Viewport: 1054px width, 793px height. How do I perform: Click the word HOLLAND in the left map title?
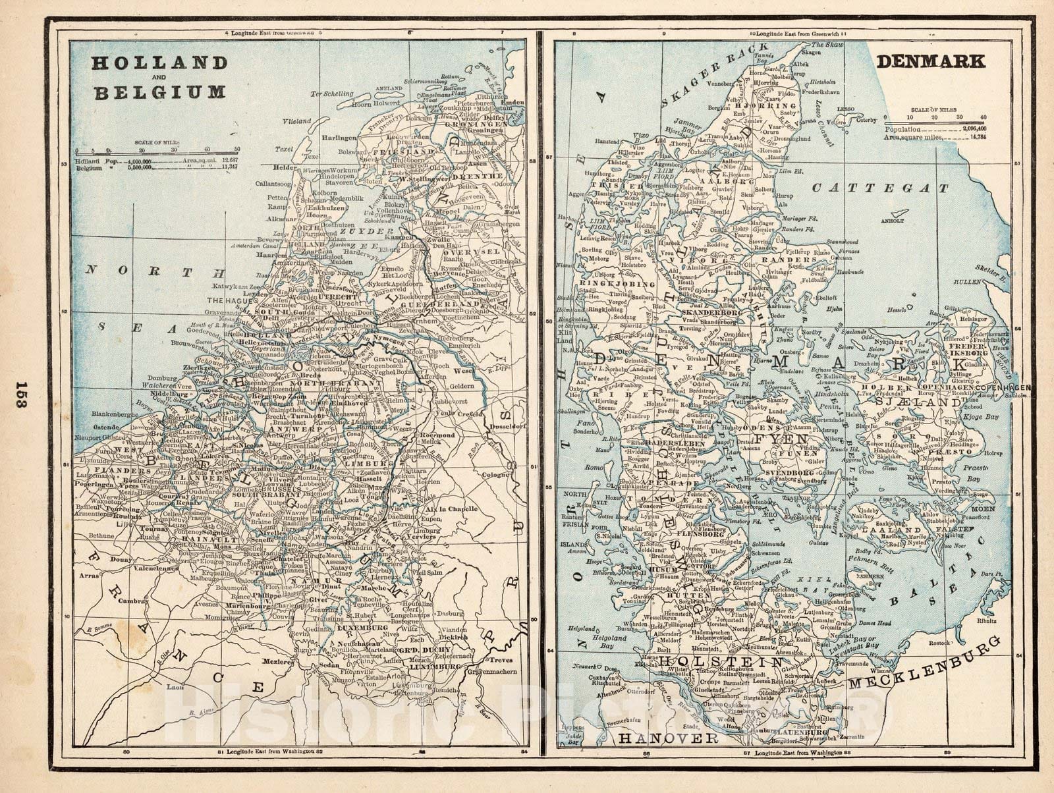coord(159,63)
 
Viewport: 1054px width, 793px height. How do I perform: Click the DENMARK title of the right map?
coord(931,61)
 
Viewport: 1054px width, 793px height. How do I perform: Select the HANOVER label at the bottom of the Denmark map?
coord(667,738)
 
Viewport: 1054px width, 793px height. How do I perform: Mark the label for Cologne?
coord(495,473)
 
